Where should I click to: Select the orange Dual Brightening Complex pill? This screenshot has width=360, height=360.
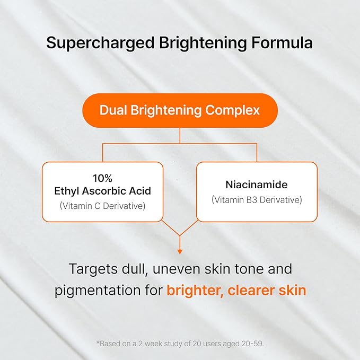180,110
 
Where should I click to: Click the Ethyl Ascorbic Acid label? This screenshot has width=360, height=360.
102,191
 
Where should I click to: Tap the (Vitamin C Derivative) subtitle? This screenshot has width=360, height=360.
102,206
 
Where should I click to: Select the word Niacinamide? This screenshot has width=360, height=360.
257,186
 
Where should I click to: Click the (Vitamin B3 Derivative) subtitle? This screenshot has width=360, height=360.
257,200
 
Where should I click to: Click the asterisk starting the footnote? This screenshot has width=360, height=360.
98,344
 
